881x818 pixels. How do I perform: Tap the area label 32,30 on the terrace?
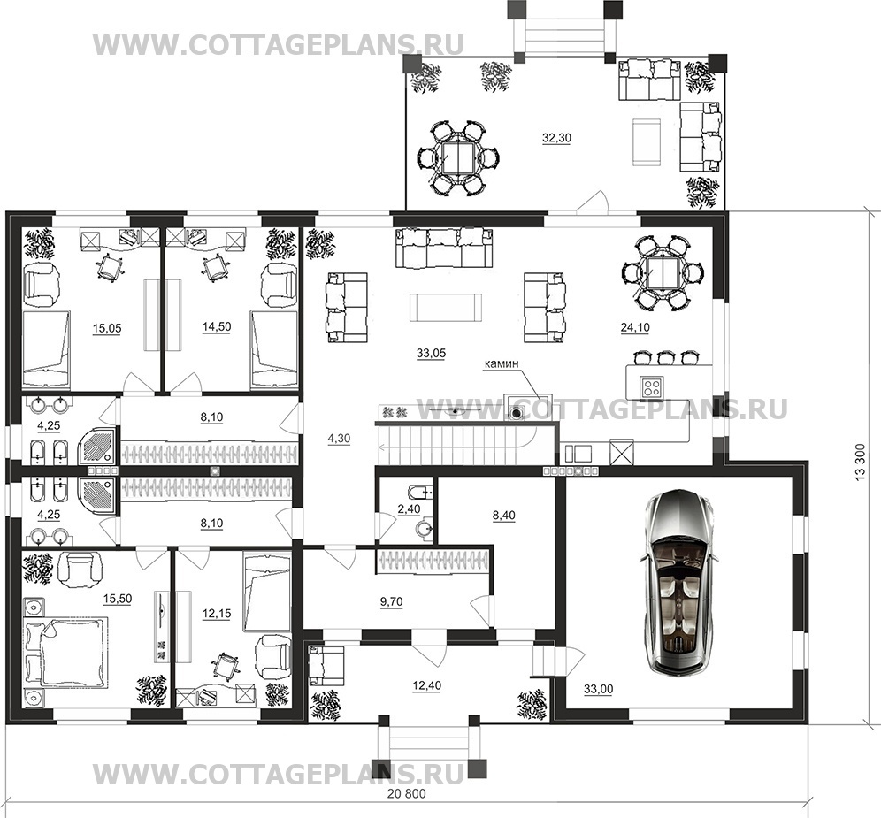point(556,138)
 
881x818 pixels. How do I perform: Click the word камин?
point(502,363)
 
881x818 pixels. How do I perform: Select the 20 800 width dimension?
point(407,794)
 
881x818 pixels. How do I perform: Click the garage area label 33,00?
point(598,690)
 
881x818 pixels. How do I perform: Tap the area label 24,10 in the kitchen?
point(635,327)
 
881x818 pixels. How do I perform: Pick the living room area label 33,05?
point(431,354)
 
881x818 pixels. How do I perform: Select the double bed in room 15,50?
point(65,653)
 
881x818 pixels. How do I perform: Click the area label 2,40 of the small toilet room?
point(409,509)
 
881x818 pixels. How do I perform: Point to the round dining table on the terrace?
point(460,158)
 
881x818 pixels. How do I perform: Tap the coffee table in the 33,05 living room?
point(446,308)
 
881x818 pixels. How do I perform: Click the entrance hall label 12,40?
point(426,686)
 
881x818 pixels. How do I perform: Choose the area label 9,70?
point(391,601)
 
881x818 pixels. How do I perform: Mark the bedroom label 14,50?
point(217,327)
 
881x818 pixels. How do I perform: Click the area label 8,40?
point(503,516)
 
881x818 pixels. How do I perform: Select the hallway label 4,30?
point(339,439)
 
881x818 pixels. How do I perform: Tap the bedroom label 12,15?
point(217,614)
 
